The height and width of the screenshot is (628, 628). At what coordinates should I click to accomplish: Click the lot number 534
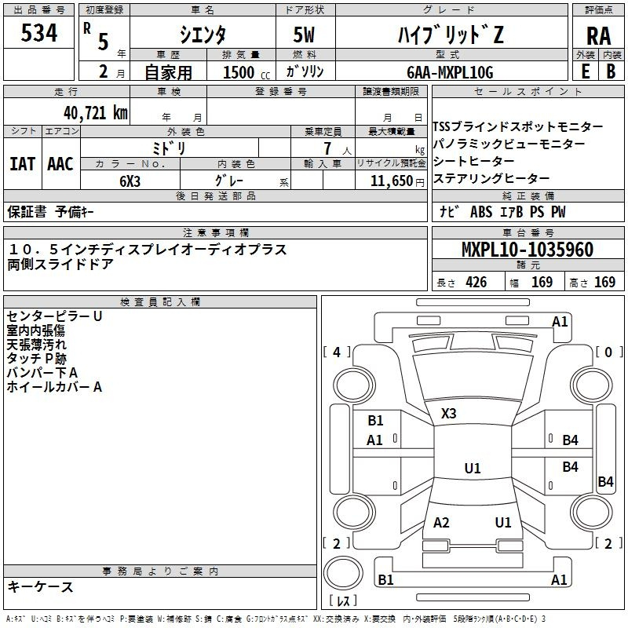tap(38, 32)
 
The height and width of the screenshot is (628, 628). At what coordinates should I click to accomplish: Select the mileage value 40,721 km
tap(96, 113)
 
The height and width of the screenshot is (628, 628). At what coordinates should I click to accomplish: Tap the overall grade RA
tap(599, 36)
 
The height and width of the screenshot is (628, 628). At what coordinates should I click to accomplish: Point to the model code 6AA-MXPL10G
tap(450, 72)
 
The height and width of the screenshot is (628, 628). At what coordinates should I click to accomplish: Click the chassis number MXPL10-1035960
tap(527, 249)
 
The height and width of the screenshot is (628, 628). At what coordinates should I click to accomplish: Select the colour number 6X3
tap(130, 181)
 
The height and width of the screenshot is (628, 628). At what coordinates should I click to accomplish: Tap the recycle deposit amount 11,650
tap(392, 181)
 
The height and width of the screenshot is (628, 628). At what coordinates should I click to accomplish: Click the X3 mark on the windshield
tap(448, 414)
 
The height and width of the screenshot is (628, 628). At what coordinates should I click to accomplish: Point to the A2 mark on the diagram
tap(441, 522)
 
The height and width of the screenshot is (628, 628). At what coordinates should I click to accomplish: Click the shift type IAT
tap(22, 164)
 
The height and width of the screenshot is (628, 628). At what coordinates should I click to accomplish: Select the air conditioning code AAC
tap(60, 164)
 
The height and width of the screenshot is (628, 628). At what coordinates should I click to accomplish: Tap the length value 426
tap(476, 282)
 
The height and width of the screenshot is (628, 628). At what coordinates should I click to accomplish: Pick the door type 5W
tap(304, 35)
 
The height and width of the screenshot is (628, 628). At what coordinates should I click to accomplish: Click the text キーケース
tap(41, 586)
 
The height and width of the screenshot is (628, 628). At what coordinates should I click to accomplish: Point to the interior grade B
tap(611, 71)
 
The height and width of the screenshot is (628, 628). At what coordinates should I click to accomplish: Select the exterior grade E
tap(586, 71)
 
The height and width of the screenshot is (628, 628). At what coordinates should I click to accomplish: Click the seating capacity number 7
tap(328, 148)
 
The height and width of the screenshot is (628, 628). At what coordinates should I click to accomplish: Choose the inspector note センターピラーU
tap(54, 316)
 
